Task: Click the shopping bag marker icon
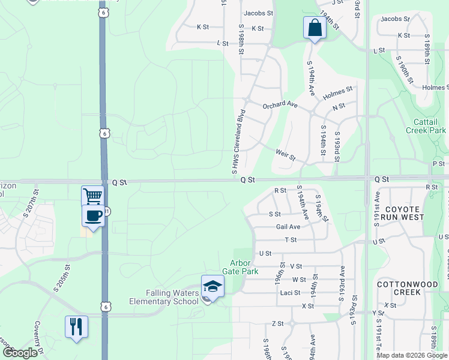[x=315, y=28]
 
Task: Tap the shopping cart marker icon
[x=92, y=196]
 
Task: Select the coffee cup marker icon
[x=93, y=216]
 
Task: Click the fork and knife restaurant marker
[x=76, y=327]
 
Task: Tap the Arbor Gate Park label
[x=244, y=267]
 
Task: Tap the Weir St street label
[x=286, y=155]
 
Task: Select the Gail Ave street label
[x=288, y=227]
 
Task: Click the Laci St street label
[x=290, y=293]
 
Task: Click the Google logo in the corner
[x=19, y=353]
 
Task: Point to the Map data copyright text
[x=412, y=355]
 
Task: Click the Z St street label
[x=277, y=323]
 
